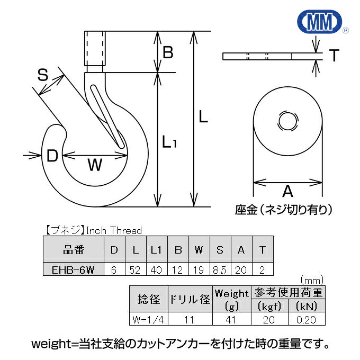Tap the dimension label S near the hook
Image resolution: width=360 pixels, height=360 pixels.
[x=43, y=76]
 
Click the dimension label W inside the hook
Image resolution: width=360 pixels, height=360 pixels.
[x=94, y=166]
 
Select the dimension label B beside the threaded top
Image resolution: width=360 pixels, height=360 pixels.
[x=168, y=53]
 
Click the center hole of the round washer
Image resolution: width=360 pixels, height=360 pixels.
[x=287, y=120]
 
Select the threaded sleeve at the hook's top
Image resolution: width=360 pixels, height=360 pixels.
[x=95, y=51]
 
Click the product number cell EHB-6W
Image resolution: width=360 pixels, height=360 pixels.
[x=73, y=270]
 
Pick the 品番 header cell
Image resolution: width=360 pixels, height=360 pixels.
[x=73, y=250]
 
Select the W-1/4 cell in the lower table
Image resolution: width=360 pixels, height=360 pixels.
[x=149, y=319]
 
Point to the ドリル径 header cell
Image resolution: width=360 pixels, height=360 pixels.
[x=190, y=300]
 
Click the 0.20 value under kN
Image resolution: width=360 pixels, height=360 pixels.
[x=307, y=319]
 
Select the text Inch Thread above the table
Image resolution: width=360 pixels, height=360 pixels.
[x=114, y=230]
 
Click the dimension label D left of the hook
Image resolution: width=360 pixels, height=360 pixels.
[x=52, y=156]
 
